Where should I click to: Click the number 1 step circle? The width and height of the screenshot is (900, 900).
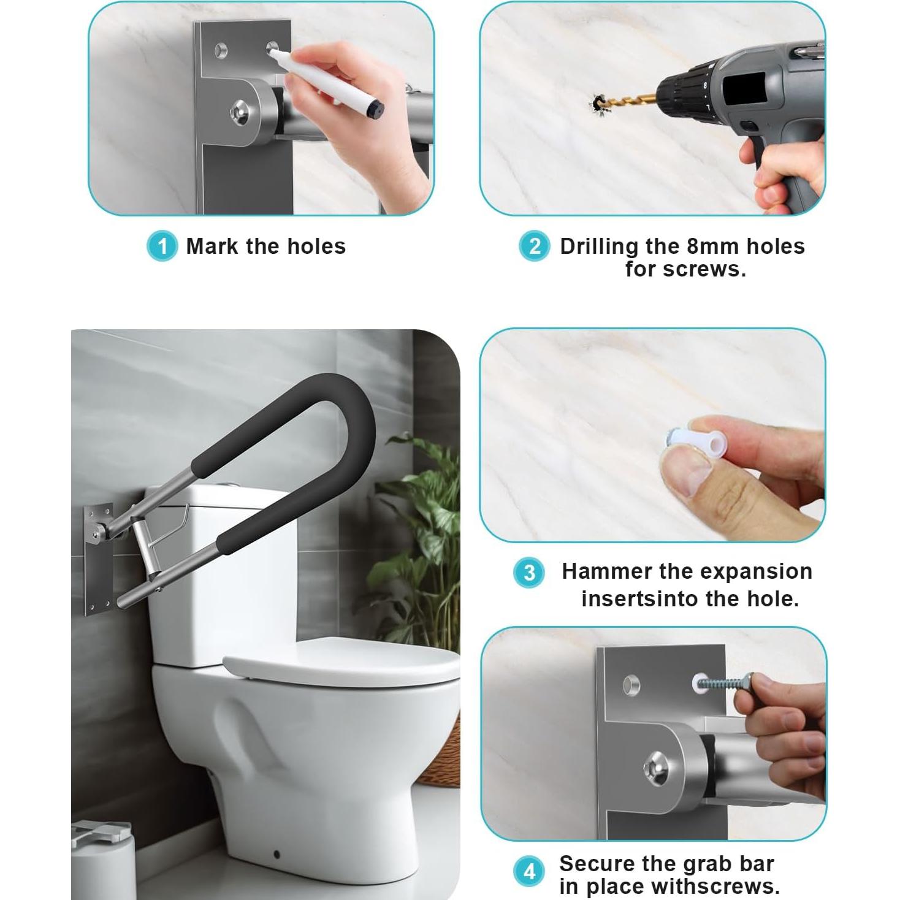[162, 246]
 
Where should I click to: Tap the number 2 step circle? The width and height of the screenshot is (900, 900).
[534, 246]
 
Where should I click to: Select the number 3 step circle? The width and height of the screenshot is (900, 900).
[528, 573]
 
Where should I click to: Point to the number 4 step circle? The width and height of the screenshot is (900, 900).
[529, 872]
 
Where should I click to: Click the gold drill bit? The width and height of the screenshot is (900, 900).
[631, 99]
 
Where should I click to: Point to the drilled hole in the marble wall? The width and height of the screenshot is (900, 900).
[598, 103]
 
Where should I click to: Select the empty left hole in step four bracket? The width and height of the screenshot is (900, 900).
[631, 684]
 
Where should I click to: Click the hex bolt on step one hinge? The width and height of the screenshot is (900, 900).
[239, 113]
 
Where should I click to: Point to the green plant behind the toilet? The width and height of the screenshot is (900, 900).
[423, 521]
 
